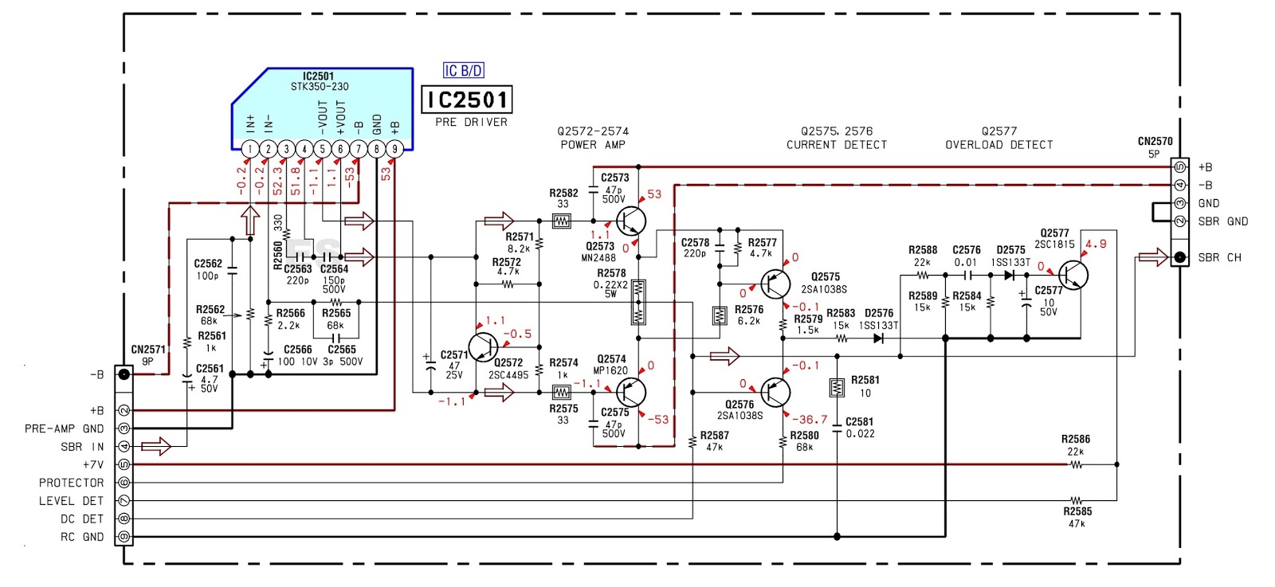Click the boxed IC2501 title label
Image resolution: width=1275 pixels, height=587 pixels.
click(x=467, y=100)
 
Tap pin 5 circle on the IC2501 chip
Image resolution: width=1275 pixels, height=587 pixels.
click(x=322, y=149)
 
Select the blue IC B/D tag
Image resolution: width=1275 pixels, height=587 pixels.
click(x=464, y=71)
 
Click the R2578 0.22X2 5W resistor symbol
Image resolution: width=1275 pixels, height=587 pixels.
click(x=637, y=302)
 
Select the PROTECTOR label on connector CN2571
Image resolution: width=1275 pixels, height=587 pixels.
click(x=71, y=483)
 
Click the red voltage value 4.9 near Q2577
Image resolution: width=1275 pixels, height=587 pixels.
click(x=1096, y=245)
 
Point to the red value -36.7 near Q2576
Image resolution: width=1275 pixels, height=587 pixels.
click(x=810, y=419)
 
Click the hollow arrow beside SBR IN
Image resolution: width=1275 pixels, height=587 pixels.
click(x=156, y=446)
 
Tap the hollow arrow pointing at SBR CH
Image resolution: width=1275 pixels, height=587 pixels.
click(x=1152, y=256)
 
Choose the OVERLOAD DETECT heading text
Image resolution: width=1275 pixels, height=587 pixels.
click(x=999, y=145)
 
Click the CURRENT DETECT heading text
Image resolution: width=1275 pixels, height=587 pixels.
click(x=837, y=145)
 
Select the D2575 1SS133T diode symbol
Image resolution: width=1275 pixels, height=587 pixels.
click(x=1010, y=276)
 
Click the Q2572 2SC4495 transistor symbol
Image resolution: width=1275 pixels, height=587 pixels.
click(x=483, y=347)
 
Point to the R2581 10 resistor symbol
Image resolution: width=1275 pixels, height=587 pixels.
click(x=837, y=388)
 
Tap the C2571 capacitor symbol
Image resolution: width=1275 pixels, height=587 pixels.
click(x=431, y=366)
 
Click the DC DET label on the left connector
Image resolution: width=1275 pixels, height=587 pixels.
click(x=82, y=519)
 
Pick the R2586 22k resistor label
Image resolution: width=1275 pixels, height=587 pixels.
click(x=1075, y=444)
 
